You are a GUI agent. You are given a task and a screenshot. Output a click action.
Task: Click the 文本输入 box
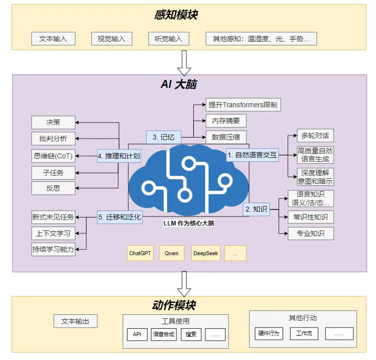click(x=53, y=39)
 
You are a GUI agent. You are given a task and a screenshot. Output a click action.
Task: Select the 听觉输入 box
click(x=168, y=39)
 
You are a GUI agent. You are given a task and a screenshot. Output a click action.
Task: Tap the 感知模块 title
click(x=176, y=15)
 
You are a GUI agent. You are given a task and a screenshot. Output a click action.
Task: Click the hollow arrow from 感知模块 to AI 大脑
click(x=184, y=63)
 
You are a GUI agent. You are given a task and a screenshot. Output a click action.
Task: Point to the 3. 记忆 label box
click(x=163, y=137)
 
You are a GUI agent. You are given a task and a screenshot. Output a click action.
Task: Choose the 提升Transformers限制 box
click(x=243, y=105)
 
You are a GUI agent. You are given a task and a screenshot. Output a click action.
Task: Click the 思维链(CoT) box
click(x=53, y=156)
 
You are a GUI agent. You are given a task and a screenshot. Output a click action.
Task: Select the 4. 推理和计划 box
click(x=119, y=156)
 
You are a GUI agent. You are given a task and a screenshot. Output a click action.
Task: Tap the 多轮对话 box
click(x=315, y=136)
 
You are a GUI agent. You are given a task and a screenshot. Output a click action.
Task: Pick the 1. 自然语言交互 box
click(x=252, y=155)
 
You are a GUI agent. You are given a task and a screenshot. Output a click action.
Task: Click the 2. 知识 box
click(x=256, y=210)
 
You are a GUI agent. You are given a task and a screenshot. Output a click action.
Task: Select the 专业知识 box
click(x=311, y=233)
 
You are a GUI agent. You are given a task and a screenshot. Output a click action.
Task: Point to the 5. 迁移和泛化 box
click(x=120, y=217)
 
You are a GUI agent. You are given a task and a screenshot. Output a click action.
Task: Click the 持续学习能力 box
click(x=53, y=249)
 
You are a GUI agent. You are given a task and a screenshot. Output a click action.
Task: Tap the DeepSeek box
click(x=206, y=253)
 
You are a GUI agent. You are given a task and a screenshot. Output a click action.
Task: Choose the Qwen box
click(x=172, y=253)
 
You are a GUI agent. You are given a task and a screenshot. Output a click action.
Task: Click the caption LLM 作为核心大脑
click(x=189, y=223)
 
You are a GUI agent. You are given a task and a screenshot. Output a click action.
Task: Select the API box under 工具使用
click(x=137, y=334)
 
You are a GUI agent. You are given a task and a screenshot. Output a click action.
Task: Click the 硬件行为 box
click(x=269, y=334)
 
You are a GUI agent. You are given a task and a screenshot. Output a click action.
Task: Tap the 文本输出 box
click(x=75, y=321)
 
